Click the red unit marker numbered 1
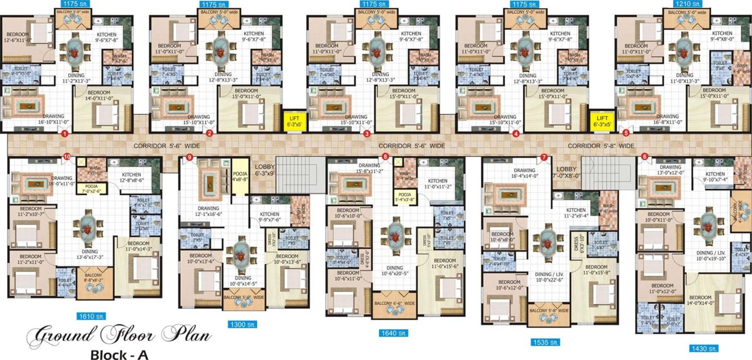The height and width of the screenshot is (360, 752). coord(64,134)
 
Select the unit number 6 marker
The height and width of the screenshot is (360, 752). coord(644,157)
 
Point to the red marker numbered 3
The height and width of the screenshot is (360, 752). coord(367,134)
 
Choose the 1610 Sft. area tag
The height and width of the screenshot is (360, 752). coord(92,316)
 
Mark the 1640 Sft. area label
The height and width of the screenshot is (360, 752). coord(393,333)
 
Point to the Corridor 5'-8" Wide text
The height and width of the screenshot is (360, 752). coord(601,146)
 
